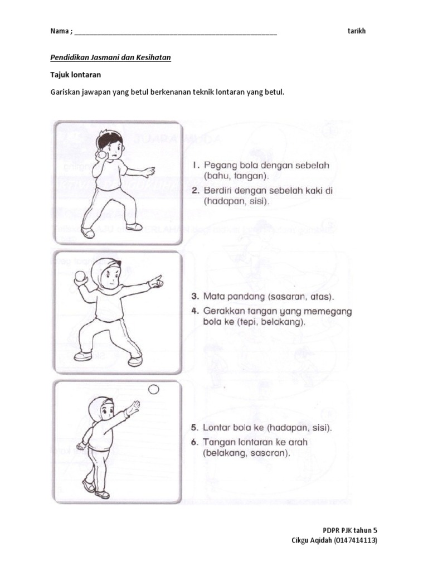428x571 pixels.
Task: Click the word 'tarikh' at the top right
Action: tap(356, 31)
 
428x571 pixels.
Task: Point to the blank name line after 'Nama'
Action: tap(176, 32)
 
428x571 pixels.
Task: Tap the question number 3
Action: tap(194, 297)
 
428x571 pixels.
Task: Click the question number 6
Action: tap(194, 442)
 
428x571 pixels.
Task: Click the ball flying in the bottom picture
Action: tap(154, 389)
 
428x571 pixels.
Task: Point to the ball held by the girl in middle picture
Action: tap(81, 275)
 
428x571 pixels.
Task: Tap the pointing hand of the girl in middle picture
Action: tap(155, 282)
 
